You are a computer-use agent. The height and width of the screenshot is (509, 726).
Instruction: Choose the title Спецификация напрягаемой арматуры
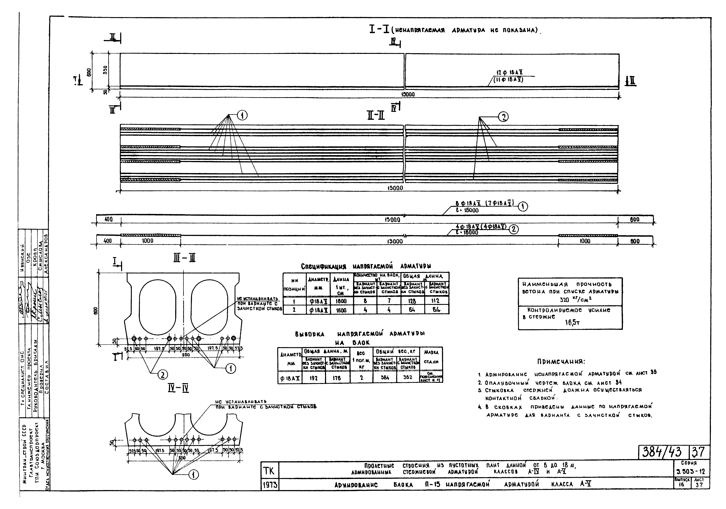pyautogui.click(x=366, y=266)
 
